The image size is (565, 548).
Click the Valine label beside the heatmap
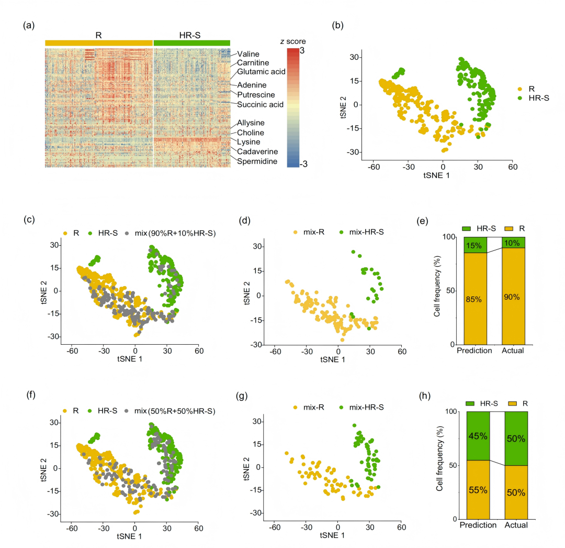point(248,54)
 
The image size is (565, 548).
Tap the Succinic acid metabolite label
point(260,105)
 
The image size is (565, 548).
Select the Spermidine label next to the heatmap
point(257,161)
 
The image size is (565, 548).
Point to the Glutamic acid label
point(261,72)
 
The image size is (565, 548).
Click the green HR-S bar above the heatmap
point(191,43)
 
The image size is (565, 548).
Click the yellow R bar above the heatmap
point(99,43)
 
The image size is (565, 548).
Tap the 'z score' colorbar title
point(293,41)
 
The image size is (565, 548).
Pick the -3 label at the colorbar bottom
point(303,164)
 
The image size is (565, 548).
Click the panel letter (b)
point(337,25)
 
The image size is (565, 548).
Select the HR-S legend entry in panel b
point(534,98)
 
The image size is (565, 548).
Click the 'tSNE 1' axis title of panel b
point(436,176)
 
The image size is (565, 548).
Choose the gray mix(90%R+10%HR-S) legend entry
point(171,234)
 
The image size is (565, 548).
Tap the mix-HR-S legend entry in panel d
point(362,232)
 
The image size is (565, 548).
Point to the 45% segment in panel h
point(478,436)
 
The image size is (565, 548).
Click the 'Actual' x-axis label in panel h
point(516,525)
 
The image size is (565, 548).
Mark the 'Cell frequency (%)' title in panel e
point(437,286)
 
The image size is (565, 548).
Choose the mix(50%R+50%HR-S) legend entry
point(170,411)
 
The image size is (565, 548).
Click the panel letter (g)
point(242,396)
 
